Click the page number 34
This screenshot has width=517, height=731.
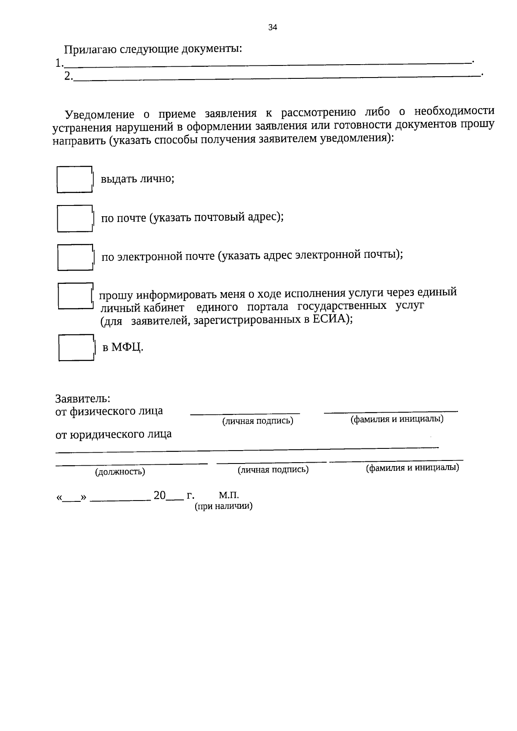tap(272, 28)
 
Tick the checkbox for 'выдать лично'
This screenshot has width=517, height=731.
tap(75, 180)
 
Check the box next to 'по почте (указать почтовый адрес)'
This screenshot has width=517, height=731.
tap(75, 219)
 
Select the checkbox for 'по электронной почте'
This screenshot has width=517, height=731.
tap(75, 258)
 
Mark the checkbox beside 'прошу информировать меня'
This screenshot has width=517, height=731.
tap(75, 296)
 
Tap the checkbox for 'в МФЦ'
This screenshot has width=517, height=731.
tap(76, 348)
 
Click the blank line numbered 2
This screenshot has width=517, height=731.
tap(276, 76)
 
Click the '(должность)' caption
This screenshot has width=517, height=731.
tap(120, 472)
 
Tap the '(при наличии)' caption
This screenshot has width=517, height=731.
tap(224, 507)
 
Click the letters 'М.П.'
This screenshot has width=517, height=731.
tap(229, 495)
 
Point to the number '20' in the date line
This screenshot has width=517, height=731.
tap(159, 496)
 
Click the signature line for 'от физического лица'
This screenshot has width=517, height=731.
tap(245, 413)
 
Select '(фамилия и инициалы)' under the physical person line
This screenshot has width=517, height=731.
tap(397, 419)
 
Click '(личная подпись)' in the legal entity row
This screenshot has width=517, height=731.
tap(273, 470)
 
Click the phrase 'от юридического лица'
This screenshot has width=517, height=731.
tap(114, 434)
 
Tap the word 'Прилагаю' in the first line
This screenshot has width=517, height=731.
tap(90, 49)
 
